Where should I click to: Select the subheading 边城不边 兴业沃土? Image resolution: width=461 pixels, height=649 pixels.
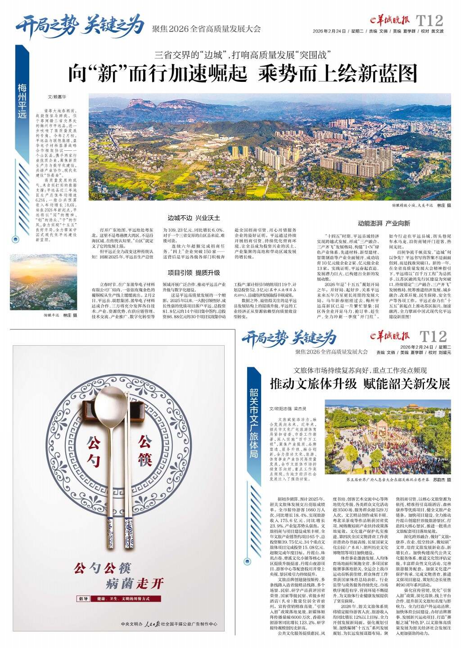(194, 218)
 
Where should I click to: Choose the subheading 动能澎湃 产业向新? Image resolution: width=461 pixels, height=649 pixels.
(384, 223)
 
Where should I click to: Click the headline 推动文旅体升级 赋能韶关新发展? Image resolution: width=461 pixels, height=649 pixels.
(360, 384)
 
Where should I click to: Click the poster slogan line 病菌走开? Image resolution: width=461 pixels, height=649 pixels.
(135, 584)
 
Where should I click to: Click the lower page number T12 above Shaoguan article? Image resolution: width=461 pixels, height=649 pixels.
(433, 337)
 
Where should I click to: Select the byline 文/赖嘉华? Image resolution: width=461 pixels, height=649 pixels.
(57, 97)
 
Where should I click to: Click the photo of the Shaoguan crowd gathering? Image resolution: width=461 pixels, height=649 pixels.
(388, 436)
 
